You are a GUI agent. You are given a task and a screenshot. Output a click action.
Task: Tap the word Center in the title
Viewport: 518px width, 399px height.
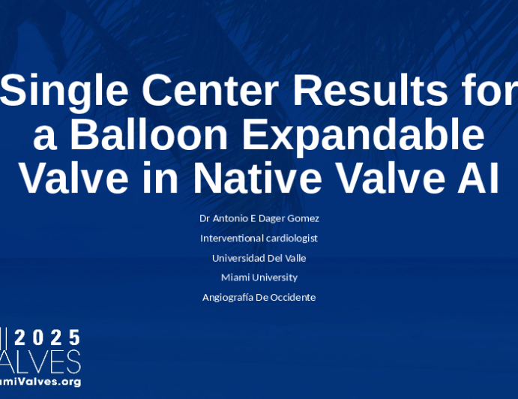tap(210, 89)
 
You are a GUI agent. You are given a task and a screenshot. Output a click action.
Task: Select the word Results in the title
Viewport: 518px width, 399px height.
tap(370, 89)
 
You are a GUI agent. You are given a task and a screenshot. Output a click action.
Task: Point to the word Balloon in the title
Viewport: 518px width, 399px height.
tap(148, 134)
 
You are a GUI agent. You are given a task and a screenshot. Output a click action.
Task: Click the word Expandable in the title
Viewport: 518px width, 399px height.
tap(364, 136)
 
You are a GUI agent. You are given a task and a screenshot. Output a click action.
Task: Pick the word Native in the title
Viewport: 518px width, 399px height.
tap(257, 178)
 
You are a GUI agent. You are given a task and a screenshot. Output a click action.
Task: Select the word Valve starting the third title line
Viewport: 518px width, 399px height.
tap(74, 178)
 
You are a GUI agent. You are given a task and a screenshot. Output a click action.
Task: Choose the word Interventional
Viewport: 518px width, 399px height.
tap(232, 238)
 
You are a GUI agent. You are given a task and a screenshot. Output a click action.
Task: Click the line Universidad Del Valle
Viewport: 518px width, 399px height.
tap(259, 258)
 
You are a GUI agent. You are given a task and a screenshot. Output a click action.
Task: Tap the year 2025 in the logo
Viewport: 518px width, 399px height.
tap(47, 337)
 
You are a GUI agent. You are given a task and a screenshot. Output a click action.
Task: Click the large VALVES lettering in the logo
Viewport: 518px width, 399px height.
tap(40, 362)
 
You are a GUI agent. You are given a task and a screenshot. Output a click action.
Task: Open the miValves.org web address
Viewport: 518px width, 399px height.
tap(40, 382)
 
